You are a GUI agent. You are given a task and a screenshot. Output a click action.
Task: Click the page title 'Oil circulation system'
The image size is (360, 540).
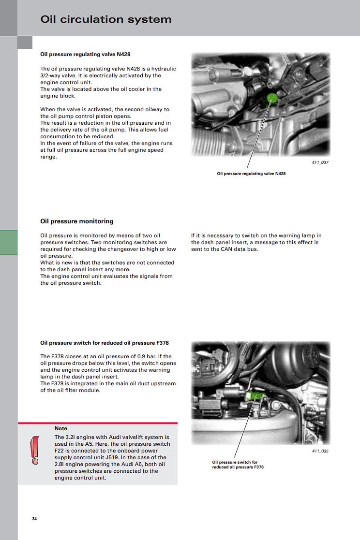point(106,19)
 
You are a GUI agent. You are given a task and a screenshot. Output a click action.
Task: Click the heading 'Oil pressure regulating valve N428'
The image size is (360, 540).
point(85,55)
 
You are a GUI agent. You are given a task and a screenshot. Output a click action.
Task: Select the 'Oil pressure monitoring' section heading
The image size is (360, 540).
point(77,221)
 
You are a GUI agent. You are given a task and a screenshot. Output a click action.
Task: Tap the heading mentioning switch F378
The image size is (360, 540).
point(104,343)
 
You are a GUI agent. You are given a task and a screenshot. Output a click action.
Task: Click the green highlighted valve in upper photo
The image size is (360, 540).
point(272,99)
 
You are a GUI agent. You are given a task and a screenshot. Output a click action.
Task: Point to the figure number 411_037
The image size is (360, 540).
point(319,162)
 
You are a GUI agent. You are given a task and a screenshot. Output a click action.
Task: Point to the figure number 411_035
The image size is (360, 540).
point(319,451)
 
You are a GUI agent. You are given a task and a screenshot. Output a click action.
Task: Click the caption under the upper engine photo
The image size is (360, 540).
point(251,174)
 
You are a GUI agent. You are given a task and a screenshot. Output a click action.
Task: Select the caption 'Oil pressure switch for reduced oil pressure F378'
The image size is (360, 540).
point(238,465)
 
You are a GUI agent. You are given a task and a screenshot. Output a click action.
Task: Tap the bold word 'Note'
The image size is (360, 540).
point(61,429)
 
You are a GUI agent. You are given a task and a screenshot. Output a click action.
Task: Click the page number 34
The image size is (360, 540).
point(34,519)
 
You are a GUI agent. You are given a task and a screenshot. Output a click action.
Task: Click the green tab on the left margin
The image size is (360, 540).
point(9,242)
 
